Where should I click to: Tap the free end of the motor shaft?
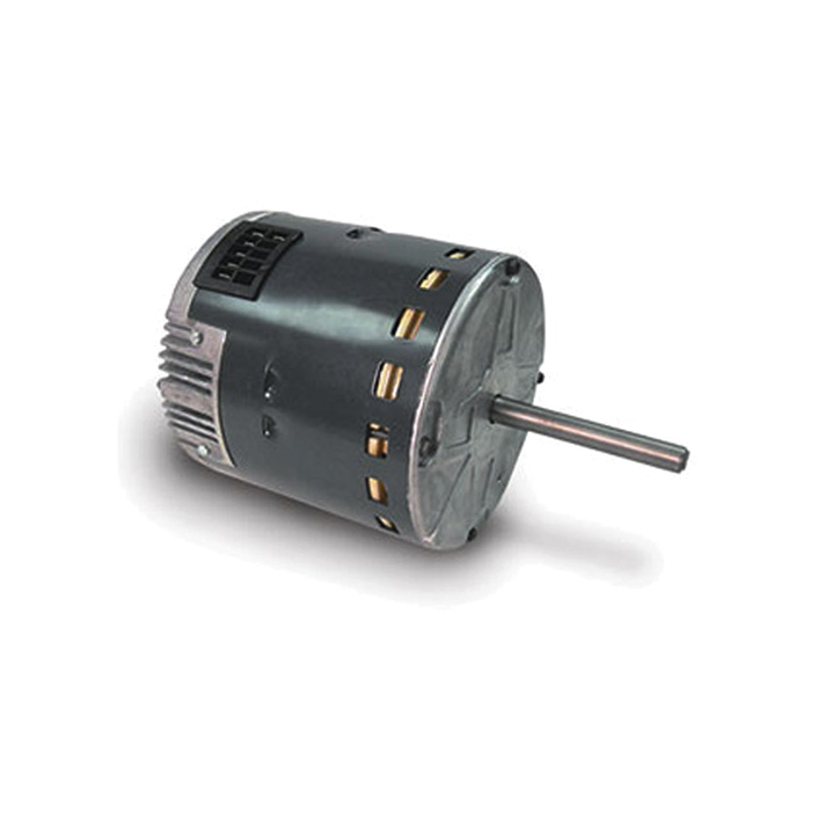pos(680,459)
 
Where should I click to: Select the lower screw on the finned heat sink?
pos(202,450)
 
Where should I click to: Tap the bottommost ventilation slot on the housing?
pos(386,523)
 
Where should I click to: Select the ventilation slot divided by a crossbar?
pos(376,441)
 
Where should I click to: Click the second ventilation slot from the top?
pos(433,278)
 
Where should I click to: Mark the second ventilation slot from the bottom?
pos(377,490)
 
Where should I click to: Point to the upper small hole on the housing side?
pos(269,383)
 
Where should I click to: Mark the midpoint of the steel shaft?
pos(587,433)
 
